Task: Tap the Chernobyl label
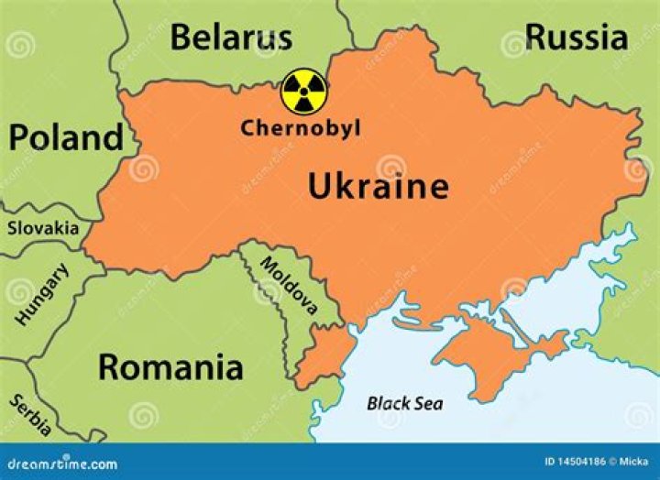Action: coord(301,128)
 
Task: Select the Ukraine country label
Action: coord(378,187)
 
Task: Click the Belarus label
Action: coord(231,38)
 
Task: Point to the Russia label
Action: coord(577,38)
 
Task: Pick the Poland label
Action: coord(66,137)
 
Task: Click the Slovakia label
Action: coord(43,228)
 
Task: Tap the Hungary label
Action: coord(41,295)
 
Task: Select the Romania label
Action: coord(170,367)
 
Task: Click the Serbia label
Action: coord(30,416)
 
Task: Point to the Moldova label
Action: coord(289,285)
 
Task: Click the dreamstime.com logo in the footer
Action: coord(59,464)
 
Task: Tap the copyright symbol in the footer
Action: coord(612,464)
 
